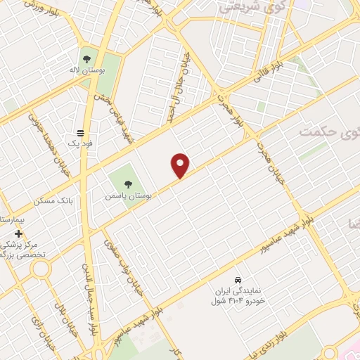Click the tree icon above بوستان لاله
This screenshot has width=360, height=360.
click(x=87, y=60)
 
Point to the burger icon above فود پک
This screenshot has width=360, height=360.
click(x=80, y=132)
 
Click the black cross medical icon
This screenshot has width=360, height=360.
click(x=18, y=233)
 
